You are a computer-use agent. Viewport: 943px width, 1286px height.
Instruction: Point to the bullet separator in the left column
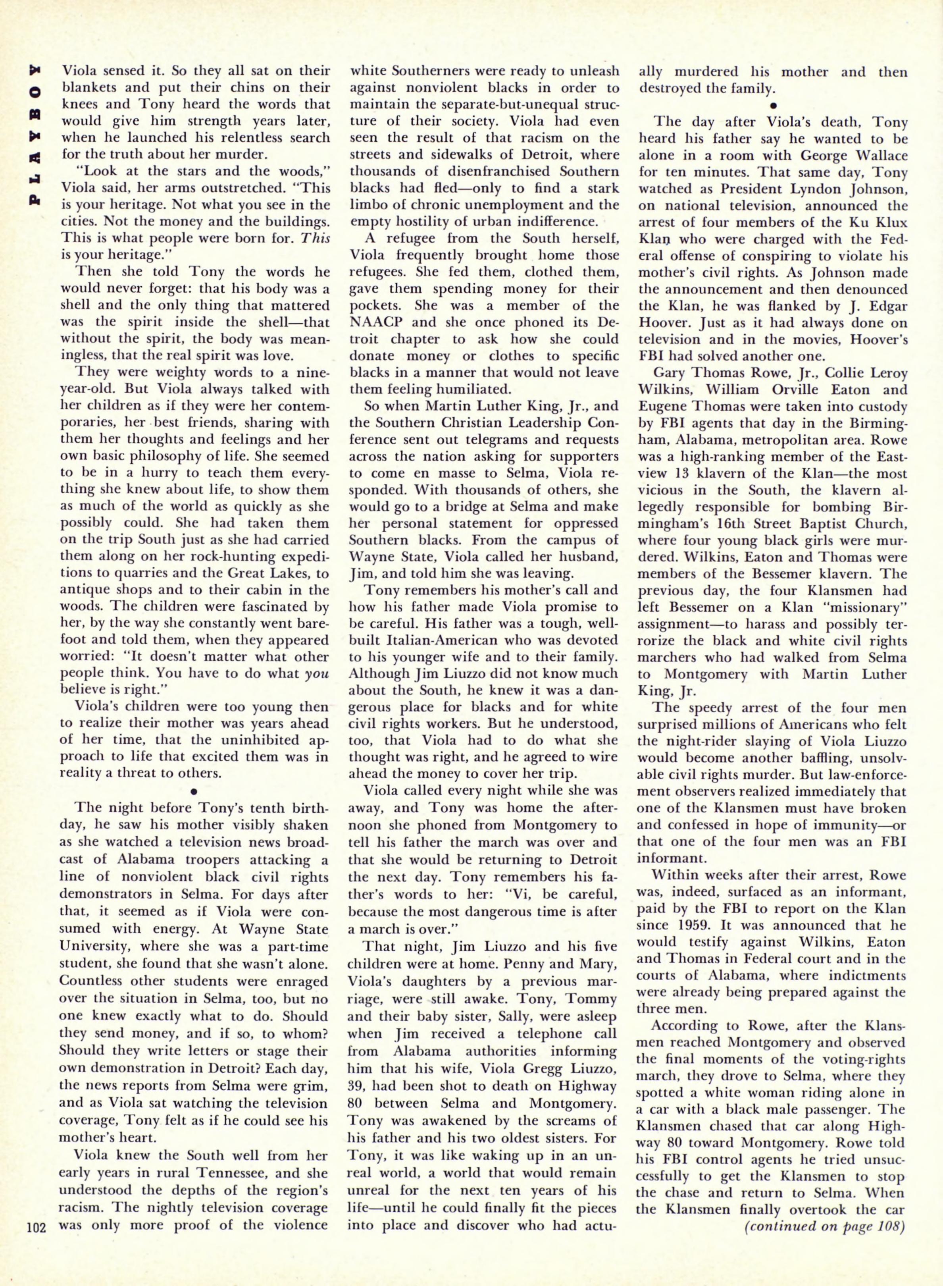(x=194, y=791)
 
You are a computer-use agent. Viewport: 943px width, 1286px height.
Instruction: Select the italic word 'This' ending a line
(x=317, y=239)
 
